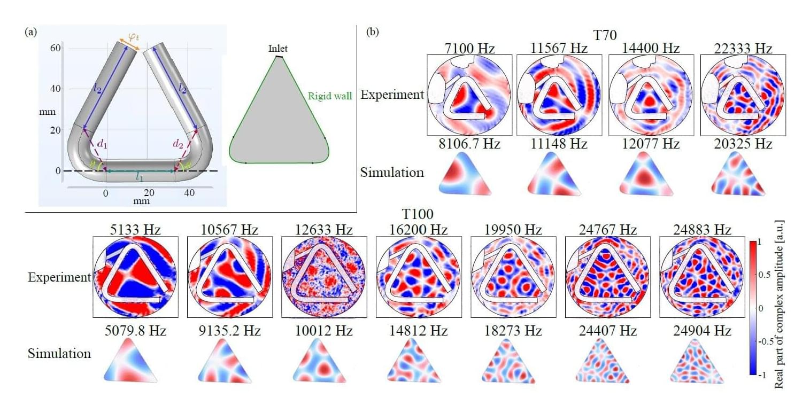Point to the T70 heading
click(605, 36)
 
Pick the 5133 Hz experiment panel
click(134, 277)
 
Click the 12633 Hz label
click(322, 230)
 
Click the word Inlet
click(278, 49)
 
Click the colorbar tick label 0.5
click(764, 276)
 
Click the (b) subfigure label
click(373, 33)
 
